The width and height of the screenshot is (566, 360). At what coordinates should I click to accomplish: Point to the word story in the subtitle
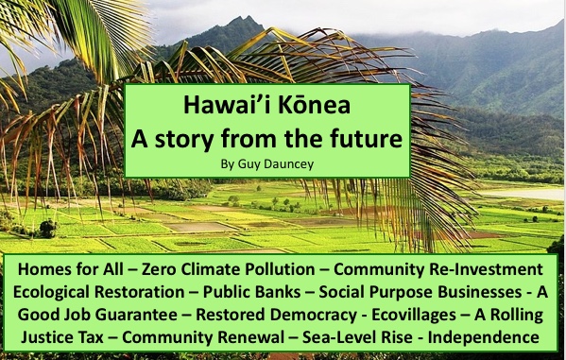pyautogui.click(x=184, y=139)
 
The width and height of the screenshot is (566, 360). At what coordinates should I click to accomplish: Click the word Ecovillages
pyautogui.click(x=414, y=315)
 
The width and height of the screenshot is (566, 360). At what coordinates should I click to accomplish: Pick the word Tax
pyautogui.click(x=91, y=337)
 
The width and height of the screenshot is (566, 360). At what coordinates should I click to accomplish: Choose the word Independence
pyautogui.click(x=484, y=337)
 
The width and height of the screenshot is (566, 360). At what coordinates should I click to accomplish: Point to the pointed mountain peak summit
pyautogui.click(x=249, y=16)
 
